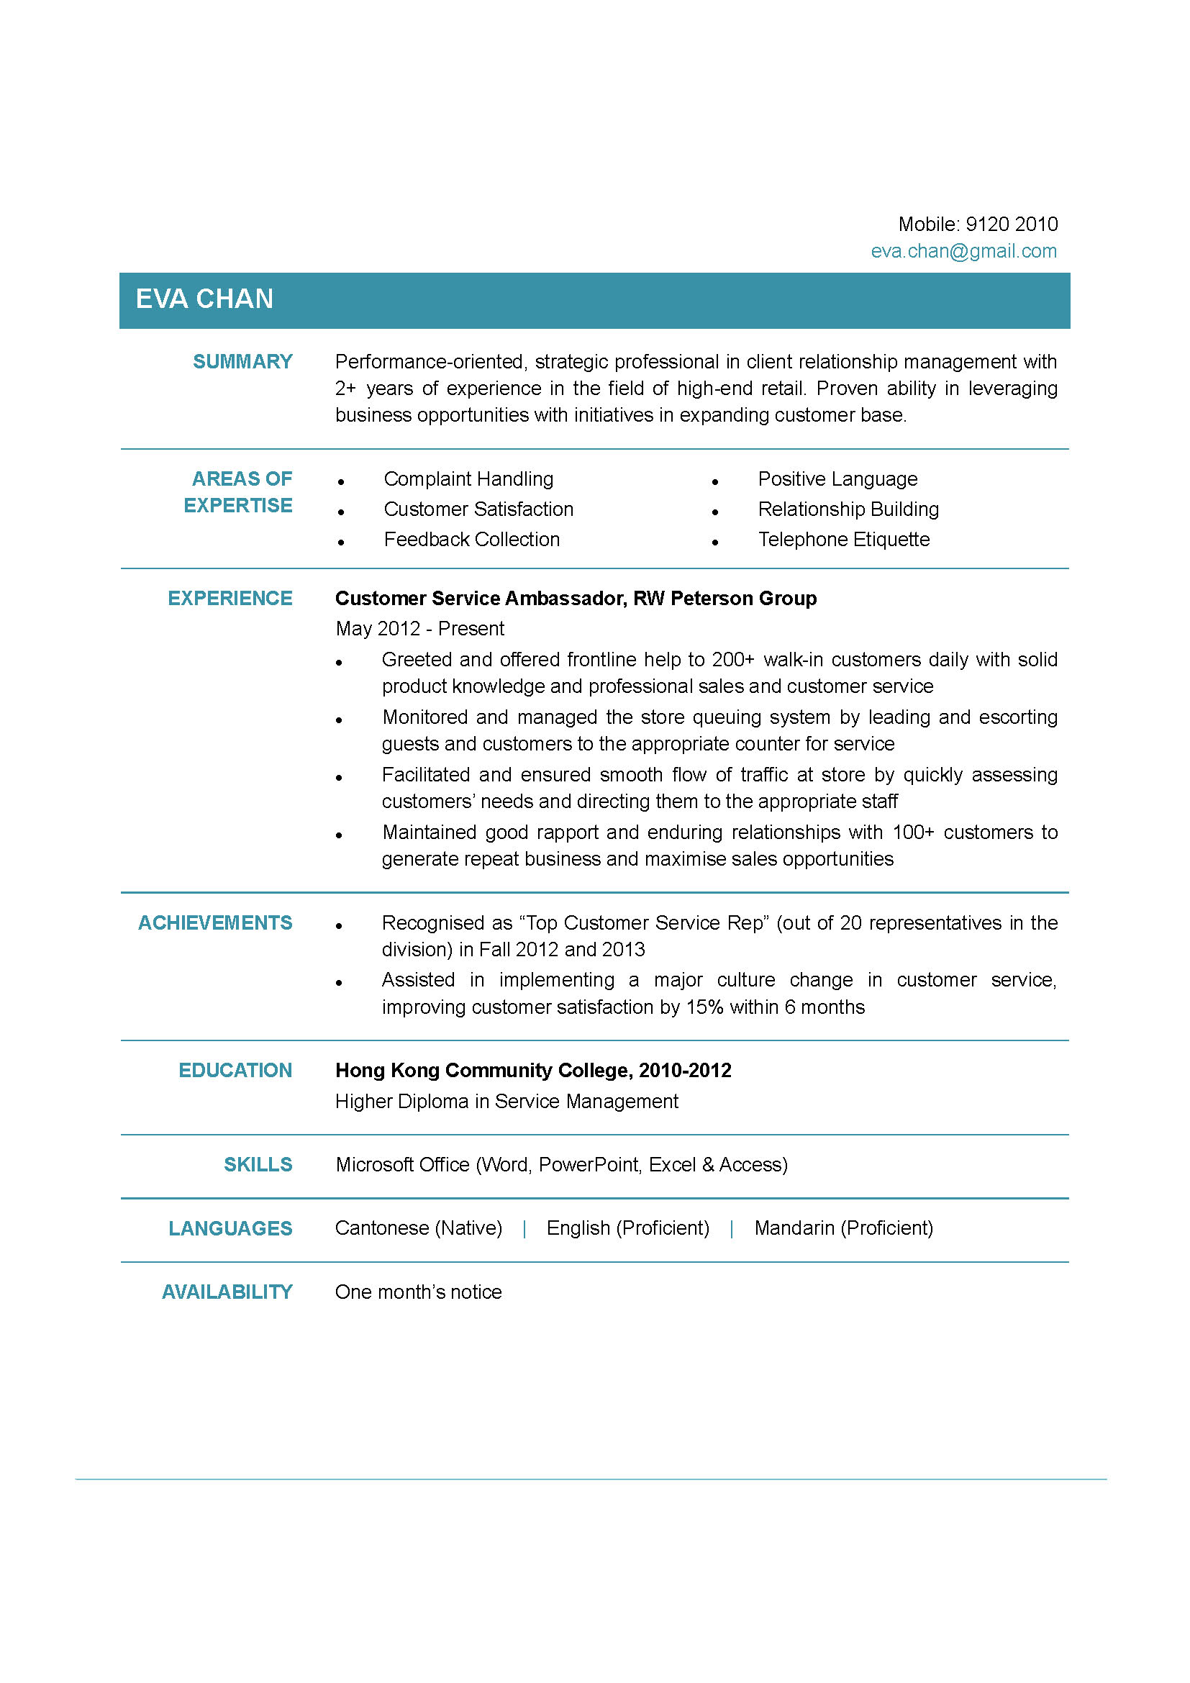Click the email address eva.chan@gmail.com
click(x=963, y=251)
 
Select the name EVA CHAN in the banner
click(x=204, y=299)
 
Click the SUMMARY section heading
click(x=242, y=362)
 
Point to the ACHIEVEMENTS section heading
click(x=214, y=923)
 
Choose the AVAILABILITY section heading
click(x=227, y=1292)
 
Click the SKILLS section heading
click(x=258, y=1165)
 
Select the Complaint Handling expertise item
click(x=468, y=479)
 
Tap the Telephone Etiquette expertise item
click(x=843, y=540)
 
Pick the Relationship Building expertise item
click(x=848, y=509)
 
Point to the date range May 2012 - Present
click(x=420, y=629)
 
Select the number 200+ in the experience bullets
click(x=732, y=660)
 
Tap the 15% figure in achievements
click(x=704, y=1007)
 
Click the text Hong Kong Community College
click(x=484, y=1071)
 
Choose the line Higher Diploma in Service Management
click(x=507, y=1102)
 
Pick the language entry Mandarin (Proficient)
click(x=843, y=1228)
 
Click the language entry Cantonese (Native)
click(x=419, y=1228)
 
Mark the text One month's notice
click(x=419, y=1292)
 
